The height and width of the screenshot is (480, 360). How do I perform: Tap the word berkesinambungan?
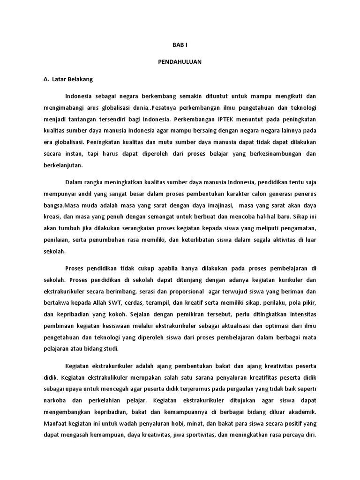click(x=273, y=153)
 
